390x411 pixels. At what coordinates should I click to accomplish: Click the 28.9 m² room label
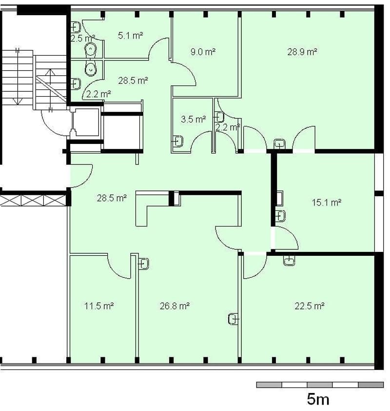(302, 52)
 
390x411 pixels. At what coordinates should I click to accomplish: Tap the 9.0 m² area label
(203, 52)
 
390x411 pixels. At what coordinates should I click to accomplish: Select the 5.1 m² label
(130, 35)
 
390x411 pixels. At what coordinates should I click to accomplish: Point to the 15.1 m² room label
(327, 203)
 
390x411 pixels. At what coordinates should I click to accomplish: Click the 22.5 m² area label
(310, 306)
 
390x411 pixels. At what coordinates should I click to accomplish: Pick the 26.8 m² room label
(175, 306)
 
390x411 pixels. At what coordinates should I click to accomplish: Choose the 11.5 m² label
(99, 306)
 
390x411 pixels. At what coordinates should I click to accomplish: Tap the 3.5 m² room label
(194, 119)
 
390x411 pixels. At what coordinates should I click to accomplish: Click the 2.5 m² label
(83, 38)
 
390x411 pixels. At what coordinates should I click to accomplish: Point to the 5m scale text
(318, 399)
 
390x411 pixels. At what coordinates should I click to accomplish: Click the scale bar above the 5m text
(320, 385)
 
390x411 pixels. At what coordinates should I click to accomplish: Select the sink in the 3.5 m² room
(178, 141)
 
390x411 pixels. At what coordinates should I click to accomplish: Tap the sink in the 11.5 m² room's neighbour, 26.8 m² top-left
(143, 264)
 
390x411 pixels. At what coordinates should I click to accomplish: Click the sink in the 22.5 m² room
(289, 261)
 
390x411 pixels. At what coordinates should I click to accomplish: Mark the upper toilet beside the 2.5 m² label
(91, 49)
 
